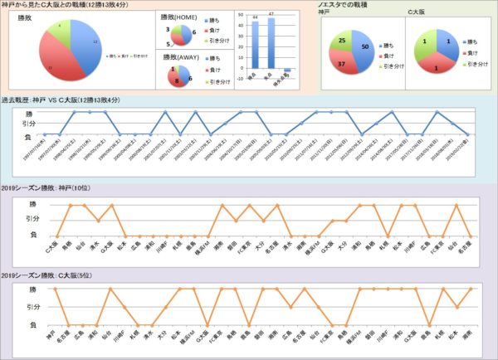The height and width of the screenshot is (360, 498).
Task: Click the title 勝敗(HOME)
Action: pos(178,17)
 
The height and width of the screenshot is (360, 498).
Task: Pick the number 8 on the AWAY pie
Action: pos(177,81)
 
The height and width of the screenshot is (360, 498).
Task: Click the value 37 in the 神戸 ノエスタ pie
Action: pos(340,65)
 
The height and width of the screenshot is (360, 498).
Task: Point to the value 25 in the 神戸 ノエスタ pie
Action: pos(342,40)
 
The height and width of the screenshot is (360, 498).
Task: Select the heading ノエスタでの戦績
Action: pos(345,6)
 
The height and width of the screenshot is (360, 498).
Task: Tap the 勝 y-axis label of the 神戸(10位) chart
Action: pos(34,204)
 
